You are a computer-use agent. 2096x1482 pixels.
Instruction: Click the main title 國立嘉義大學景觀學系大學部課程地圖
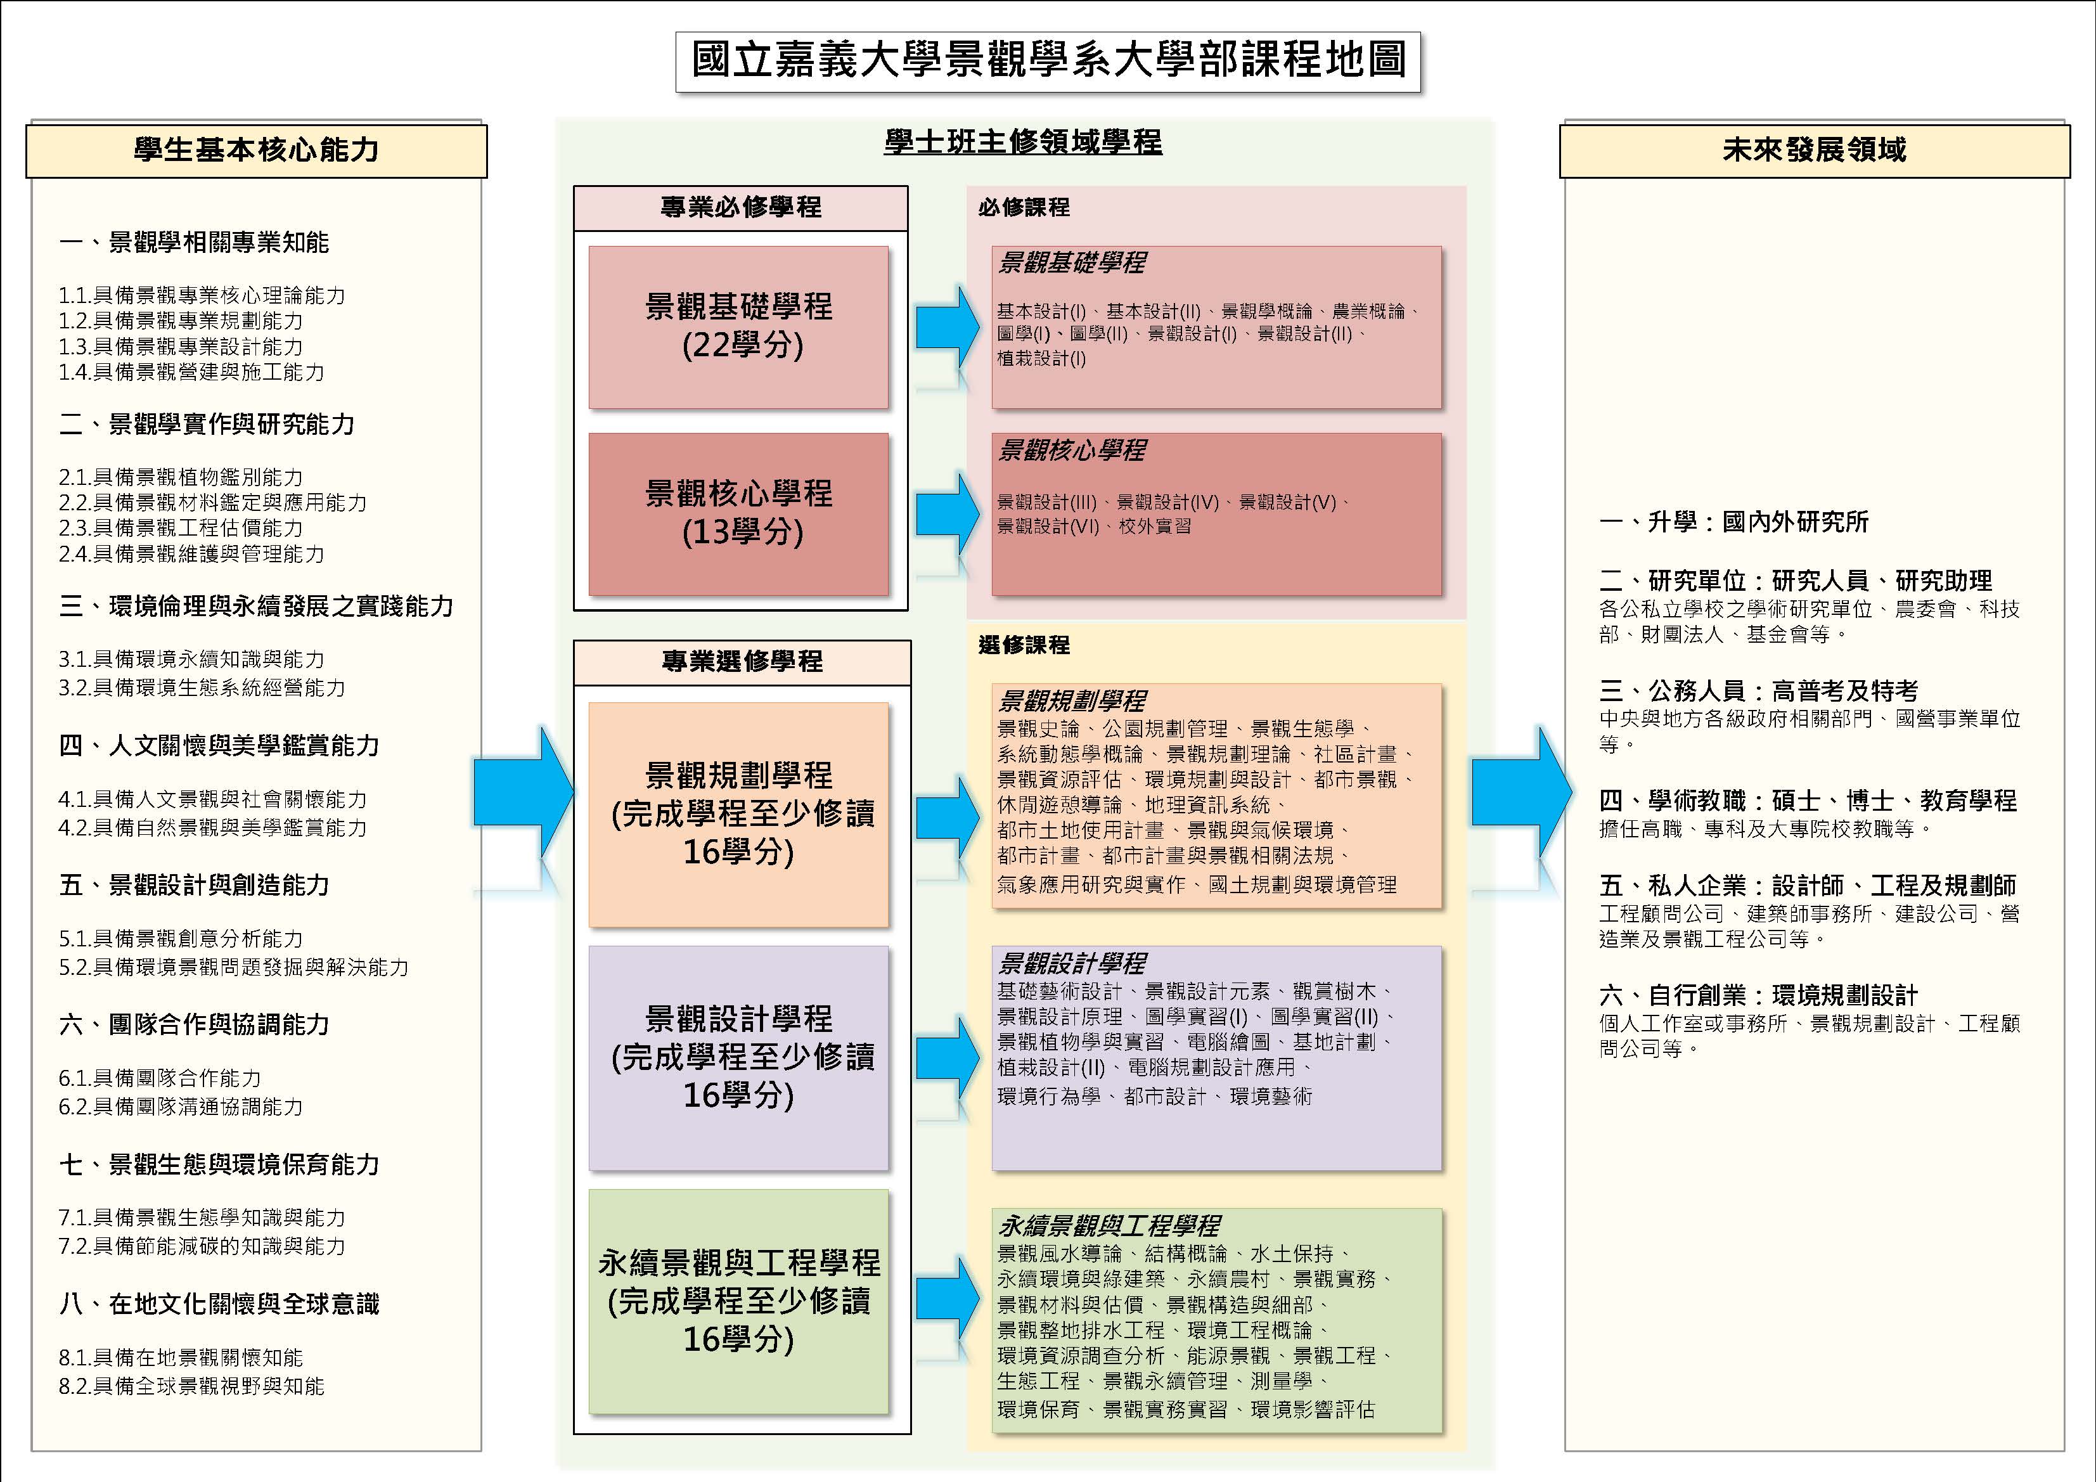point(1048,61)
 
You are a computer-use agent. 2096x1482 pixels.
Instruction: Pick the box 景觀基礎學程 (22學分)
point(738,327)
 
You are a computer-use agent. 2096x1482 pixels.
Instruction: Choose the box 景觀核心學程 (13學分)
point(738,514)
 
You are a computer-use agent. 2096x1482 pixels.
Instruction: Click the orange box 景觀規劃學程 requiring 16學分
point(738,815)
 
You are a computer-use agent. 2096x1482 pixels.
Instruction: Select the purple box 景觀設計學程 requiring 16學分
point(738,1057)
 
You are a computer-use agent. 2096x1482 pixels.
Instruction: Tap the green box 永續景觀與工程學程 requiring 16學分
point(738,1301)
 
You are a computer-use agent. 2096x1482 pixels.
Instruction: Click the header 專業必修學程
point(740,208)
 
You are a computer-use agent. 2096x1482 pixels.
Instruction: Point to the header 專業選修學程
point(742,662)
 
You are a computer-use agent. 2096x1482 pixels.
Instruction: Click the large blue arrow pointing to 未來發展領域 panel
point(1522,792)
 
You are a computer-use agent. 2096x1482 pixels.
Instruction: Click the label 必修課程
point(1024,207)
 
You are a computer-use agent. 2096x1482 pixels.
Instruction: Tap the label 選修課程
point(1024,645)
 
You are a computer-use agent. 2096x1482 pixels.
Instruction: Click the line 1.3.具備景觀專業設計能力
point(181,347)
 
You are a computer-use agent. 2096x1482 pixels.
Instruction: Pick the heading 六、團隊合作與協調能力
point(193,1024)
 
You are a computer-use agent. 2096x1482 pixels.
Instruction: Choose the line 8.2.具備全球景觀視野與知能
point(191,1386)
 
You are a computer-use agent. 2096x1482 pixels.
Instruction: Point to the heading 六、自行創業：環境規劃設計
point(1758,995)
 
